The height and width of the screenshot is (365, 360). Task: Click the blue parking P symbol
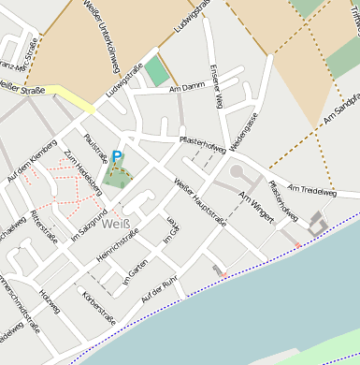click(x=117, y=158)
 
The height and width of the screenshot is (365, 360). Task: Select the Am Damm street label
click(x=187, y=88)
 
